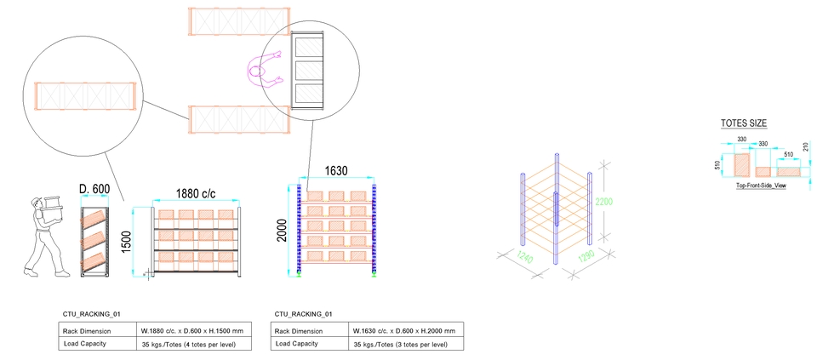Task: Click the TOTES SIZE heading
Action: tap(744, 123)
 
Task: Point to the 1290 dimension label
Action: tap(587, 258)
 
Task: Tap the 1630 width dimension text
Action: tap(335, 171)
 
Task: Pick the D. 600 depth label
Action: tap(95, 189)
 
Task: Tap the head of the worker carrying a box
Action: tap(38, 204)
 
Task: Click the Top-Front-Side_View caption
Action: tap(760, 184)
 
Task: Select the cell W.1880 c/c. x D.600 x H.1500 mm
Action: tap(191, 331)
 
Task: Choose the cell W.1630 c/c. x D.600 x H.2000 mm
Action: tap(403, 331)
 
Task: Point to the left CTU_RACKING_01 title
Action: tap(97, 314)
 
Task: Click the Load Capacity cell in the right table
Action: tap(296, 344)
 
